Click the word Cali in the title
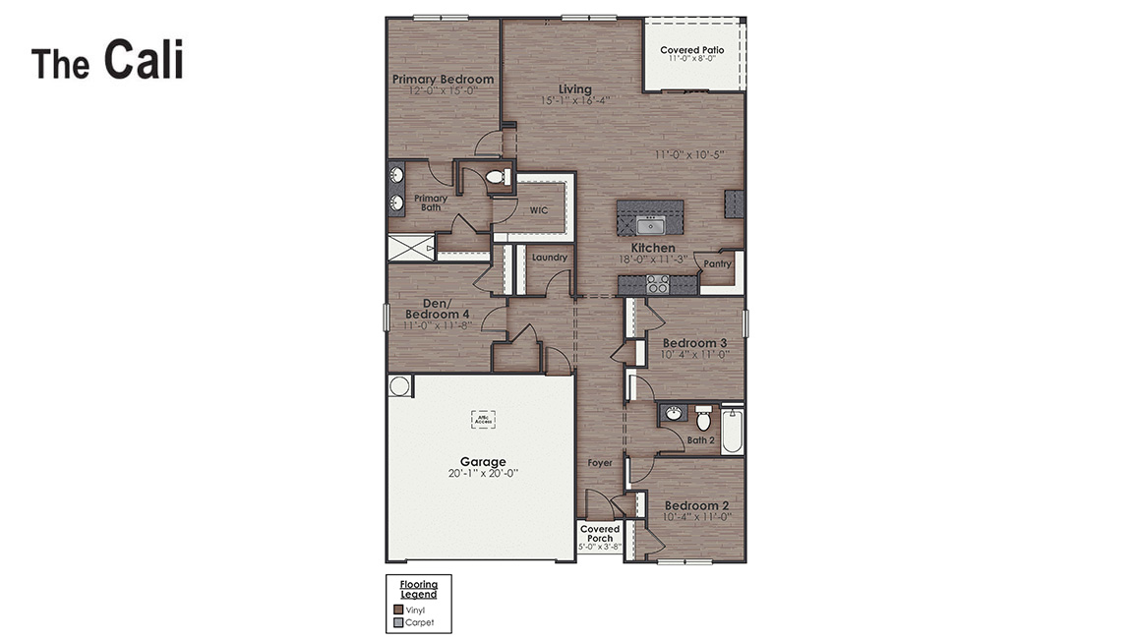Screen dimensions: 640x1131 pos(144,61)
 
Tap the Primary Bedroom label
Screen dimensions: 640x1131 pos(443,80)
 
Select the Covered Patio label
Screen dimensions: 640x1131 pos(692,50)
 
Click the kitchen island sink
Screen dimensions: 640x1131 pos(650,225)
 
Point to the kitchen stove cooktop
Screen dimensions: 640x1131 pos(657,285)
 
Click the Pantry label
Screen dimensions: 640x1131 pos(717,263)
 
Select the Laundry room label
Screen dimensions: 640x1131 pos(549,258)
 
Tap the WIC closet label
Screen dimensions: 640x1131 pos(538,210)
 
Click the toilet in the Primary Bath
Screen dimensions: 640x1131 pos(498,178)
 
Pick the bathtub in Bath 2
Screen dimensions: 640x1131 pos(732,431)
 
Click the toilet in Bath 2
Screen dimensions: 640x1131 pos(703,418)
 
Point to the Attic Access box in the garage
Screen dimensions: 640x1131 pos(483,419)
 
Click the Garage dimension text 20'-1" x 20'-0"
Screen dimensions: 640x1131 pos(483,473)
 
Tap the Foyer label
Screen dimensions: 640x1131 pos(600,462)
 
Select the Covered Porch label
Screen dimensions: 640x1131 pos(599,534)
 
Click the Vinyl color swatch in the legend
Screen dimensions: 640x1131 pos(398,610)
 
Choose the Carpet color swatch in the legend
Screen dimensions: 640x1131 pos(398,622)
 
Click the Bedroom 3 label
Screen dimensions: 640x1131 pos(694,343)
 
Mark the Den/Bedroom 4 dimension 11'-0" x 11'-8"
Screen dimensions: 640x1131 pos(438,324)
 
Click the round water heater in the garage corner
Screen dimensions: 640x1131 pos(399,385)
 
